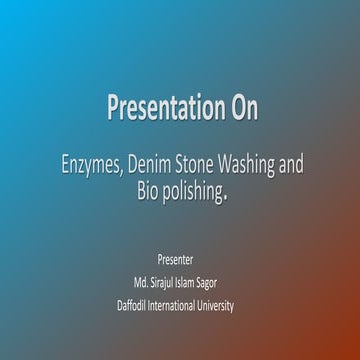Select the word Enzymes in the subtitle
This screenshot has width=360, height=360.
[x=91, y=165]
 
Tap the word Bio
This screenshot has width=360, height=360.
[x=147, y=191]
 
